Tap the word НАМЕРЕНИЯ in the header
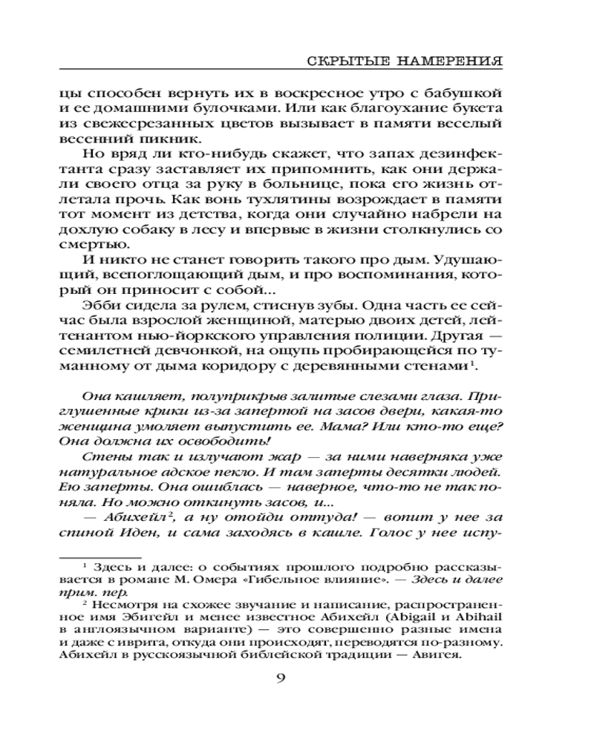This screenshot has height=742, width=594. [x=443, y=60]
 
